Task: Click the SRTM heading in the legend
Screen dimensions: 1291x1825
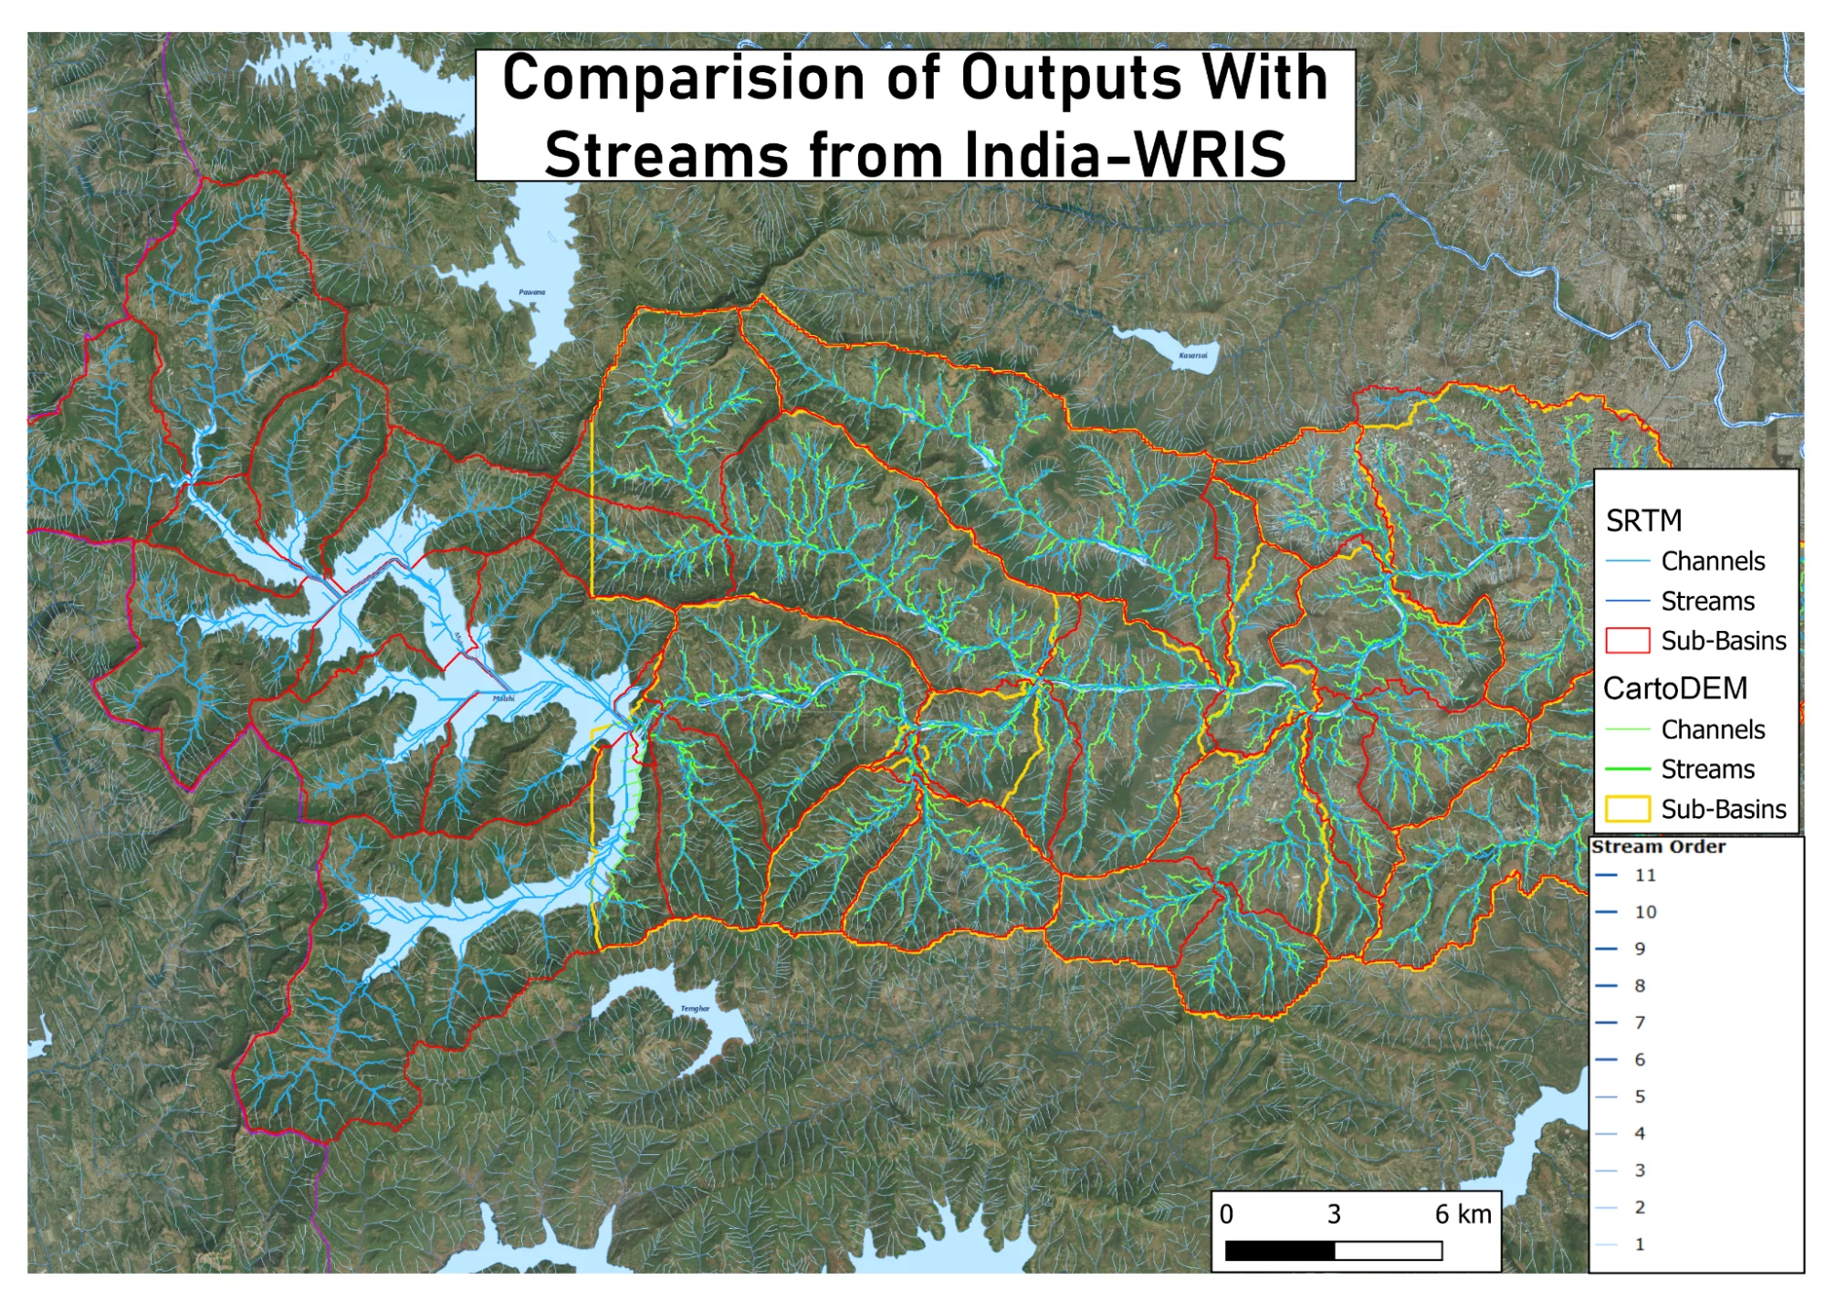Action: click(1643, 520)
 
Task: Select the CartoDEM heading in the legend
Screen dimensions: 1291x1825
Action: click(1674, 688)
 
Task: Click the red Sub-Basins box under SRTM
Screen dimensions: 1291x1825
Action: click(1627, 641)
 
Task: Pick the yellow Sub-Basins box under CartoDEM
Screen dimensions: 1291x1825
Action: click(1627, 809)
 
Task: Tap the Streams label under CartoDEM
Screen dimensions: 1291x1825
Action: click(1707, 770)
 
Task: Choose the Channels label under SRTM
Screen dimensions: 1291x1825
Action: click(1713, 561)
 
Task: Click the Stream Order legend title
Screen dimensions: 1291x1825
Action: click(1658, 847)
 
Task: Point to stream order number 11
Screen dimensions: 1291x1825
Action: click(1645, 876)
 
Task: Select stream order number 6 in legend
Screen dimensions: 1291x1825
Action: click(1640, 1060)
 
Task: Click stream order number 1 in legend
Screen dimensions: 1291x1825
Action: click(1640, 1244)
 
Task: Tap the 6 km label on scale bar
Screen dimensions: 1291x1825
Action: click(1463, 1214)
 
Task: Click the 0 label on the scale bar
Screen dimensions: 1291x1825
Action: click(1226, 1214)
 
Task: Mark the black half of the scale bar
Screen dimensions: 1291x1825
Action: click(1279, 1251)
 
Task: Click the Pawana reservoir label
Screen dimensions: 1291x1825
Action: click(531, 292)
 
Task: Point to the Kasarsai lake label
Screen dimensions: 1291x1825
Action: click(1192, 355)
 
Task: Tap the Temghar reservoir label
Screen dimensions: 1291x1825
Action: click(695, 1009)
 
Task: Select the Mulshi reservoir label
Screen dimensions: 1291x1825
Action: click(503, 698)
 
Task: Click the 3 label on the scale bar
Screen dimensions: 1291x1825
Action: click(1334, 1214)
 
